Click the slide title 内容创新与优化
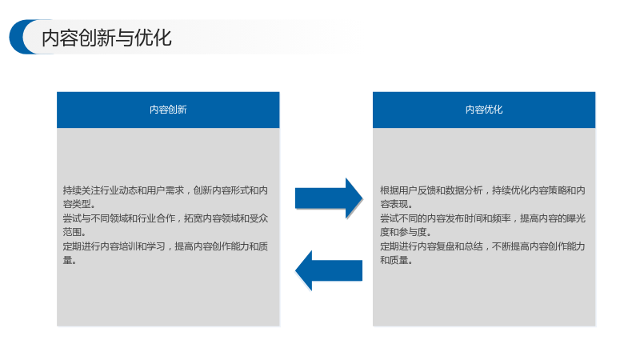click(106, 38)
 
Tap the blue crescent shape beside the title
click(17, 37)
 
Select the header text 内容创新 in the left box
click(168, 110)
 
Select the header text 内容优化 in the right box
click(484, 110)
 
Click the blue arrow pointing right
click(329, 198)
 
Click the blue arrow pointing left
click(329, 270)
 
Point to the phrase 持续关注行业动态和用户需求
click(123, 190)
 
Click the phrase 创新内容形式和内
click(230, 190)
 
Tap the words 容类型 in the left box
click(77, 204)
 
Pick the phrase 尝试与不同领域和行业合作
click(118, 218)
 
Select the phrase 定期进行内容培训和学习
click(114, 246)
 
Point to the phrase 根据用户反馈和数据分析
click(431, 190)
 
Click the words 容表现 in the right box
click(394, 204)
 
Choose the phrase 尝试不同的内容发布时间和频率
click(446, 218)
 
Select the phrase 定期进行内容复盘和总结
click(431, 246)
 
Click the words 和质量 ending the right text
click(394, 260)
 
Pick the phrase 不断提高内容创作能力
click(538, 246)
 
